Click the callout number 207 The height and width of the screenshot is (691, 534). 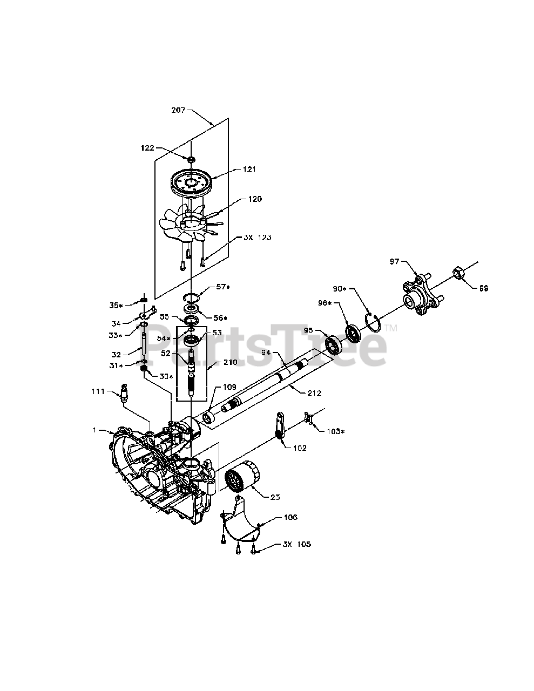pyautogui.click(x=178, y=110)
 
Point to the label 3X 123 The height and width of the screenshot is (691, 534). pyautogui.click(x=258, y=238)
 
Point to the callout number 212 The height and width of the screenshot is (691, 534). pyautogui.click(x=314, y=393)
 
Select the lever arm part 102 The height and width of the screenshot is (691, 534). pyautogui.click(x=280, y=425)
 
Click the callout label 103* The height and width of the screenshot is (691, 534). pyautogui.click(x=336, y=431)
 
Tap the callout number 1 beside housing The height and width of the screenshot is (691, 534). pyautogui.click(x=94, y=430)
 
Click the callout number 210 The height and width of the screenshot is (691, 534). pyautogui.click(x=230, y=362)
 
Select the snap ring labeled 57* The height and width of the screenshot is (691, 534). pyautogui.click(x=192, y=297)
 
